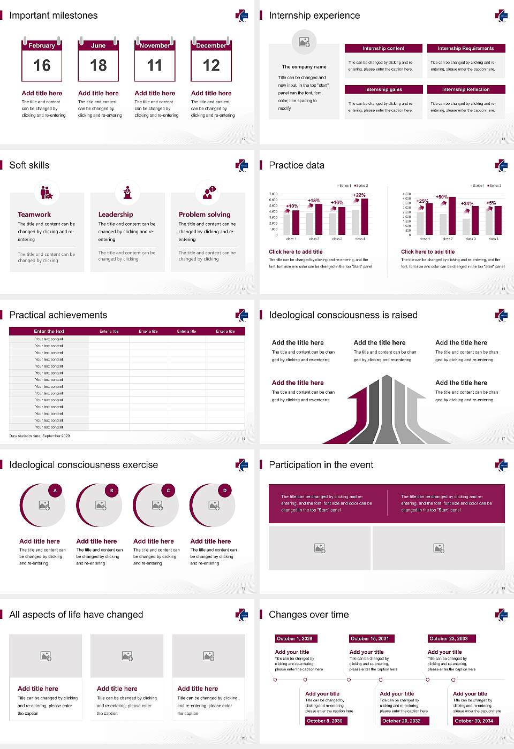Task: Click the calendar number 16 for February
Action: pyautogui.click(x=42, y=65)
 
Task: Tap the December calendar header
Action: pyautogui.click(x=211, y=45)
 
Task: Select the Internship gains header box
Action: pyautogui.click(x=383, y=89)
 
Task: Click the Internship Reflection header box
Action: pyautogui.click(x=466, y=89)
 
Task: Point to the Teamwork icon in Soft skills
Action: pyautogui.click(x=47, y=192)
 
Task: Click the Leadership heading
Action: pyautogui.click(x=116, y=214)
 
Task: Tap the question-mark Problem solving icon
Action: pyautogui.click(x=208, y=193)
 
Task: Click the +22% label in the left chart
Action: pyautogui.click(x=359, y=195)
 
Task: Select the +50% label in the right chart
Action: pyautogui.click(x=441, y=196)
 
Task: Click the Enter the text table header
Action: pyautogui.click(x=49, y=331)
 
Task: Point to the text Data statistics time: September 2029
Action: pyautogui.click(x=40, y=436)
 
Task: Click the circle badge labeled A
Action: pyautogui.click(x=55, y=490)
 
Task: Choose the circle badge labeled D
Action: pyautogui.click(x=225, y=490)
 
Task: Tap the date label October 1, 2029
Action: pyautogui.click(x=294, y=638)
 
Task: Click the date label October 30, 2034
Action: pyautogui.click(x=474, y=721)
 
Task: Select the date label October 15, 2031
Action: pyautogui.click(x=370, y=638)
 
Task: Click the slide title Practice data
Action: pyautogui.click(x=297, y=165)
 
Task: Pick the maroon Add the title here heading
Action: pyautogui.click(x=298, y=383)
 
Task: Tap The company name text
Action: pyautogui.click(x=304, y=67)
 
